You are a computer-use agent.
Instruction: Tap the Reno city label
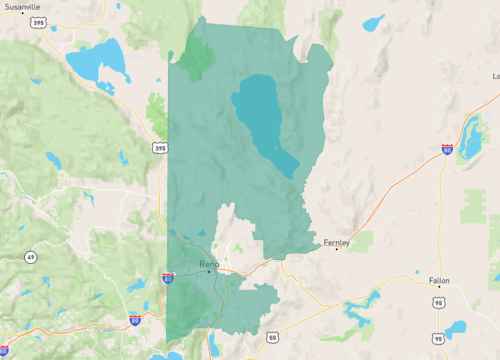(x=209, y=263)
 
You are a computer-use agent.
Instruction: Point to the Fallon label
(x=439, y=281)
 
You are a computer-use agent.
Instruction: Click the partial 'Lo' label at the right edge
(x=495, y=76)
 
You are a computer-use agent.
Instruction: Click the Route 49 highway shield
(x=31, y=257)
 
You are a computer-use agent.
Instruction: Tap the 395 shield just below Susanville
(x=38, y=21)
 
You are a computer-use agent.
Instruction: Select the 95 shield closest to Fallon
(x=439, y=301)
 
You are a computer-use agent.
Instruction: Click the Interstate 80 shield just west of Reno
(x=168, y=278)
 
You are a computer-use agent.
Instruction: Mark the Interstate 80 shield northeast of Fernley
(x=447, y=150)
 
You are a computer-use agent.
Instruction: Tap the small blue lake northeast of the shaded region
(x=373, y=22)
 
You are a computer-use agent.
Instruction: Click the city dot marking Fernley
(x=336, y=249)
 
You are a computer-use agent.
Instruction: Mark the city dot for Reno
(x=209, y=271)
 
